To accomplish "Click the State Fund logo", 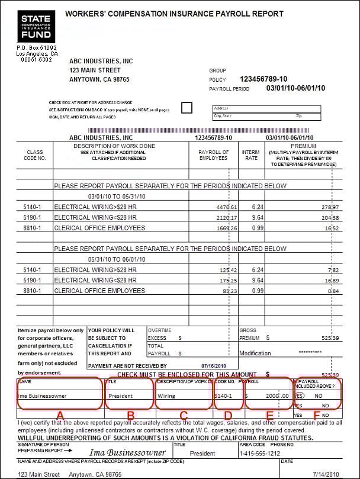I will pyautogui.click(x=36, y=25).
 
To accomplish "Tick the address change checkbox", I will pyautogui.click(x=187, y=108).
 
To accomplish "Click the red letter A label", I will pyautogui.click(x=59, y=416).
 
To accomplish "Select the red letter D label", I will pyautogui.click(x=228, y=416).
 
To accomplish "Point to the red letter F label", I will pyautogui.click(x=317, y=416).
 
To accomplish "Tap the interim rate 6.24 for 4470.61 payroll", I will pyautogui.click(x=257, y=207).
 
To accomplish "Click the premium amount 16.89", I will pyautogui.click(x=330, y=280).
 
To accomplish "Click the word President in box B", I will pyautogui.click(x=121, y=396).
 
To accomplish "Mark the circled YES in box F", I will pyautogui.click(x=301, y=396).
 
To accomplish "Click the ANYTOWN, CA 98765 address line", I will pyautogui.click(x=99, y=79).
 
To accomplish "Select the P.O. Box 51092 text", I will pyautogui.click(x=37, y=47).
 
